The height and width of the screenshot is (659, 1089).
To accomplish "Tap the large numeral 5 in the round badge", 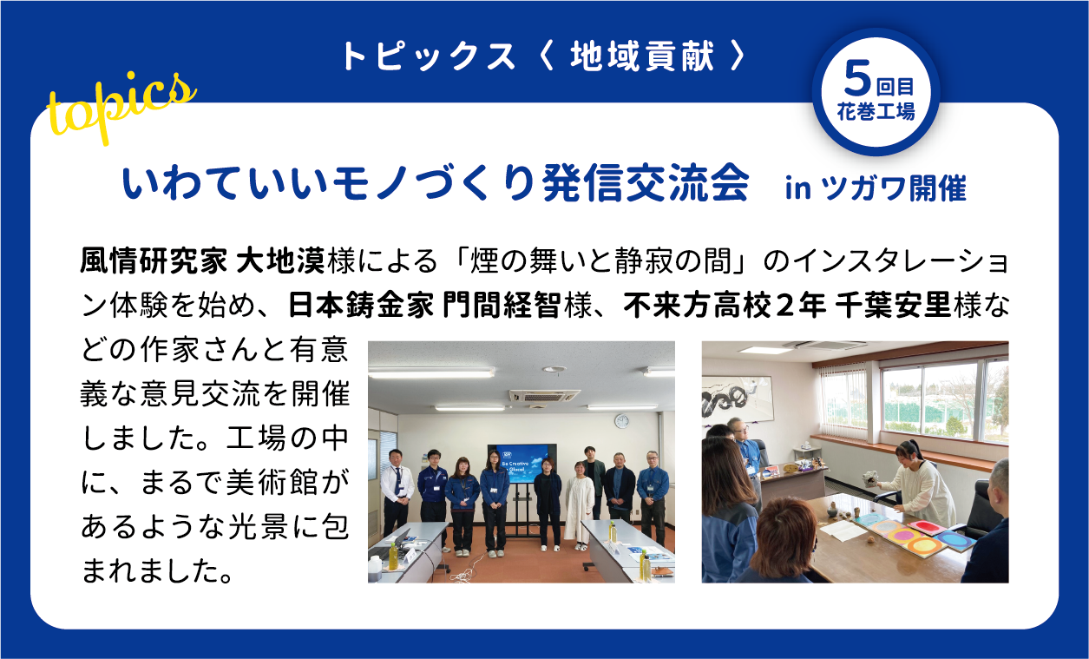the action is pos(857,79).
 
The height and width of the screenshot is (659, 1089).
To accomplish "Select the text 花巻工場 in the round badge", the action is pos(876,111).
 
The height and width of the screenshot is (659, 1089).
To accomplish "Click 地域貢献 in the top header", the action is pos(642,56).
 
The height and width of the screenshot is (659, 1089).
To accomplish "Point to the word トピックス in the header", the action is pos(429,56).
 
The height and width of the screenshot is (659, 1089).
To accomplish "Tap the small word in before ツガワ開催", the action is pos(798,188).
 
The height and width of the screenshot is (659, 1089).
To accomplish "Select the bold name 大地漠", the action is pos(281,260).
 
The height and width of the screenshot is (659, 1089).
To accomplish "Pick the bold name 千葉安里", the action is pos(893,305).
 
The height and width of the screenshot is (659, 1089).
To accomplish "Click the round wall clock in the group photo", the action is pos(622,421).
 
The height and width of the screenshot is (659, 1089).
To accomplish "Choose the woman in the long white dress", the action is pos(579,506).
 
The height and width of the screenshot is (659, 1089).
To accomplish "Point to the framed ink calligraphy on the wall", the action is pos(737,399).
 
